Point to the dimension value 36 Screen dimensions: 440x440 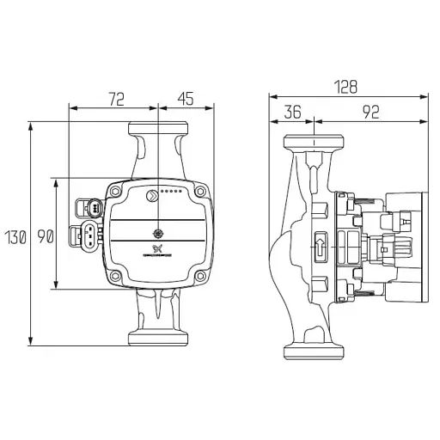[293, 111]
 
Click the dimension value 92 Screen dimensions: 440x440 [371, 111]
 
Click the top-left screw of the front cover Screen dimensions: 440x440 [114, 191]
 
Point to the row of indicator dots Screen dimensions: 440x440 [172, 192]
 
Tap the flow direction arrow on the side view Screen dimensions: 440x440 [320, 246]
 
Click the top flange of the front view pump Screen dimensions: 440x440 [157, 130]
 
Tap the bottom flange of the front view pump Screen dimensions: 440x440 [157, 337]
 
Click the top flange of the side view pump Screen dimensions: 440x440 [315, 142]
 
